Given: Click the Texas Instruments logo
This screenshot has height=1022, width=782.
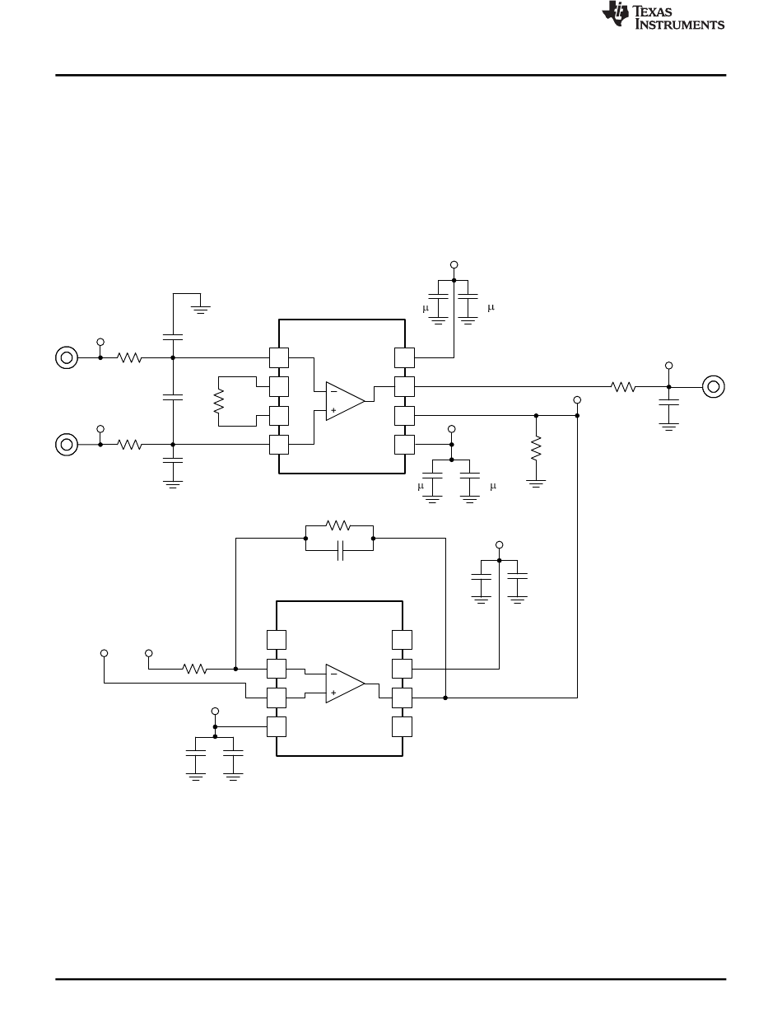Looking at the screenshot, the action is (663, 16).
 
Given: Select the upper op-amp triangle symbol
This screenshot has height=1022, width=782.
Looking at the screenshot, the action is (344, 401).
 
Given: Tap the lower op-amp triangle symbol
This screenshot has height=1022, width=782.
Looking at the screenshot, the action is (344, 684).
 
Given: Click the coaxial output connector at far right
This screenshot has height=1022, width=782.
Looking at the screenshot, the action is (713, 386).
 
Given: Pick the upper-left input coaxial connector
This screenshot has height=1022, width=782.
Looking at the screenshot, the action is (66, 357).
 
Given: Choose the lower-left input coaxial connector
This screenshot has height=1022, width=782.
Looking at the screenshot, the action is (66, 445).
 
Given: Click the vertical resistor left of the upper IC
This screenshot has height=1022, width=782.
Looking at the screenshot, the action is (218, 401).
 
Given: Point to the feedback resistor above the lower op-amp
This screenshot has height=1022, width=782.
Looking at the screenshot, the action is (337, 525).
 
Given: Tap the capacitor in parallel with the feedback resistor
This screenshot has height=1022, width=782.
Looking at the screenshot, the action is (341, 550).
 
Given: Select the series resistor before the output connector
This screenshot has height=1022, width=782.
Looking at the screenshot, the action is (623, 386).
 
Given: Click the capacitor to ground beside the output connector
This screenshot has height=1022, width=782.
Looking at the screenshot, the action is (668, 402).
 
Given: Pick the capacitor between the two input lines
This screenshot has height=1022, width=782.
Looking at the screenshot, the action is (173, 398).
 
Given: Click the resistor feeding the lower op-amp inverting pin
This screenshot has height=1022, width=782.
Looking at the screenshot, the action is (194, 669).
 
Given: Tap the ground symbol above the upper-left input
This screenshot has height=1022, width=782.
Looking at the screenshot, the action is (200, 310).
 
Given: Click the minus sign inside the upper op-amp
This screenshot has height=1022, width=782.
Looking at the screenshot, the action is (333, 391).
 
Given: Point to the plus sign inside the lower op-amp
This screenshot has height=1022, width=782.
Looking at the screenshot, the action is (333, 693).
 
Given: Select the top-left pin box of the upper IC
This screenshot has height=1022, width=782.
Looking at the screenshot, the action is (279, 357).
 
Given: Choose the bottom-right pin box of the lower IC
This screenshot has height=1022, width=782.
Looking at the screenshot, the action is (402, 726).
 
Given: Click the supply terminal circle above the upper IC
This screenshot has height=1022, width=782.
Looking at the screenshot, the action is (454, 265).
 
